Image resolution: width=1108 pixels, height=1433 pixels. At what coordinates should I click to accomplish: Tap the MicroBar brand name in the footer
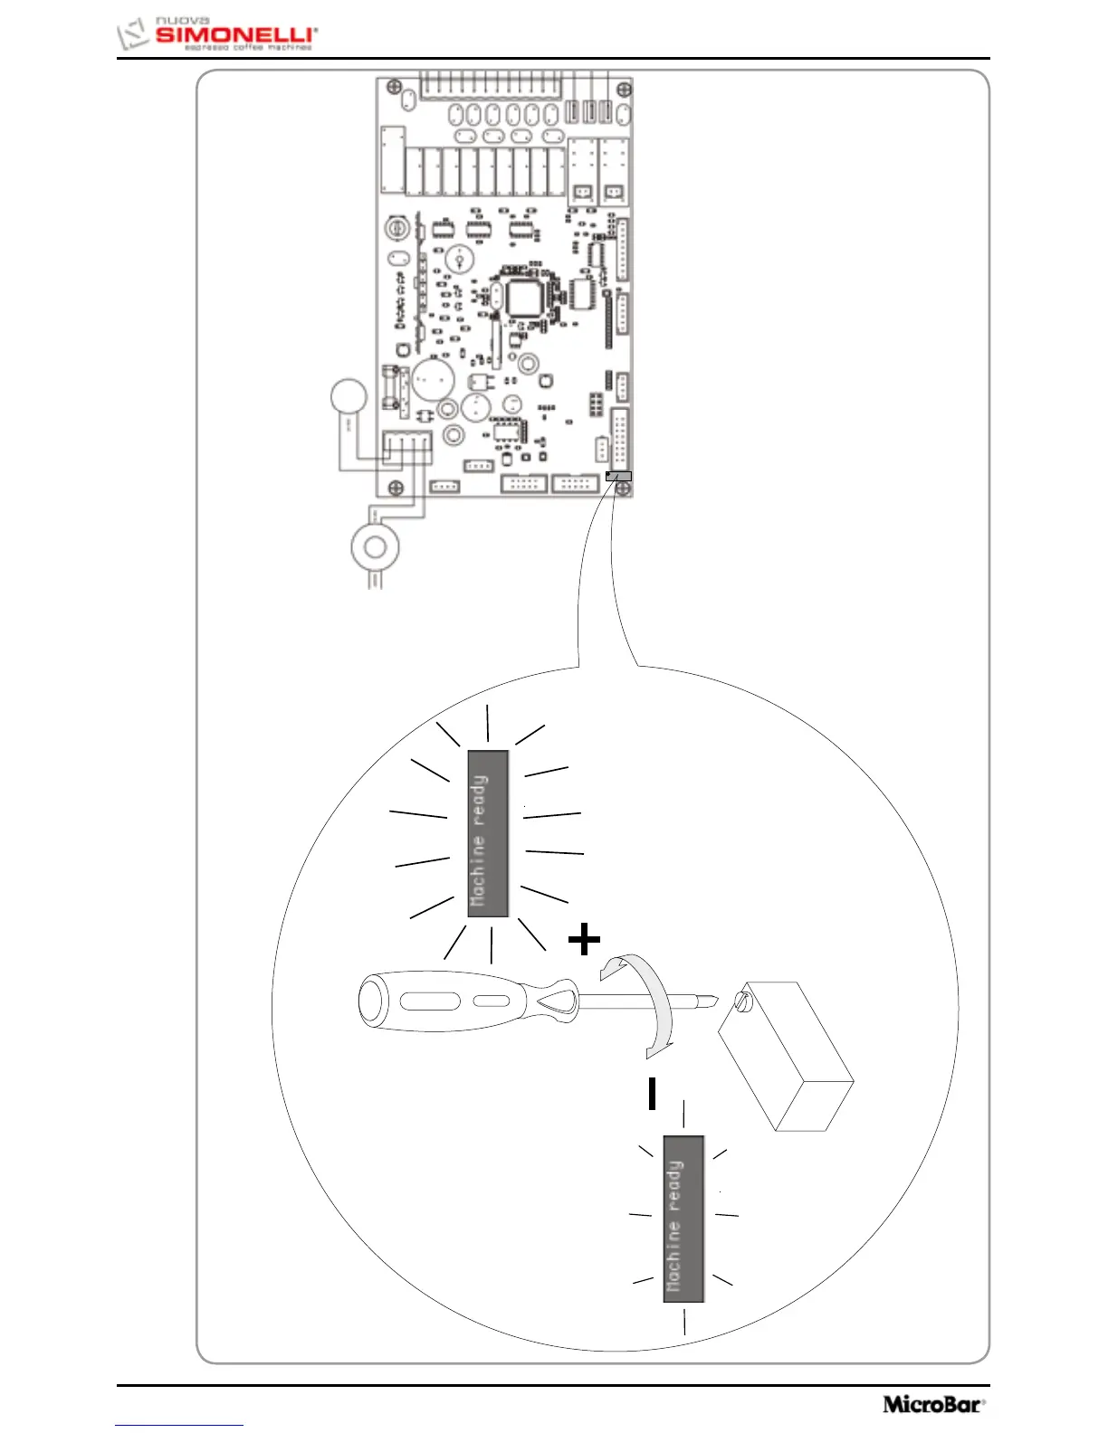pos(932,1404)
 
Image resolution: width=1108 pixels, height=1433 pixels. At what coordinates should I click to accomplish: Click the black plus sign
pos(584,940)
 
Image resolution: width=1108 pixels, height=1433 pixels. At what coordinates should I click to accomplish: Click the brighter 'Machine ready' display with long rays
pos(488,833)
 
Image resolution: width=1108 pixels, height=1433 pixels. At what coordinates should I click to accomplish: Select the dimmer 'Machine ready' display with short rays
pos(683,1219)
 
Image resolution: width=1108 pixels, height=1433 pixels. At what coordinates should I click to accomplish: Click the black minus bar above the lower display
pos(652,1094)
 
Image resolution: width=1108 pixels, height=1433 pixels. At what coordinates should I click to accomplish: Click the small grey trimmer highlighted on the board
pos(619,476)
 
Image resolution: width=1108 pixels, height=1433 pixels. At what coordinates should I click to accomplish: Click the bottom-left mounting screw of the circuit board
pos(395,489)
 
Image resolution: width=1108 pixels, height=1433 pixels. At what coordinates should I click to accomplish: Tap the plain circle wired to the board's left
pos(349,397)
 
